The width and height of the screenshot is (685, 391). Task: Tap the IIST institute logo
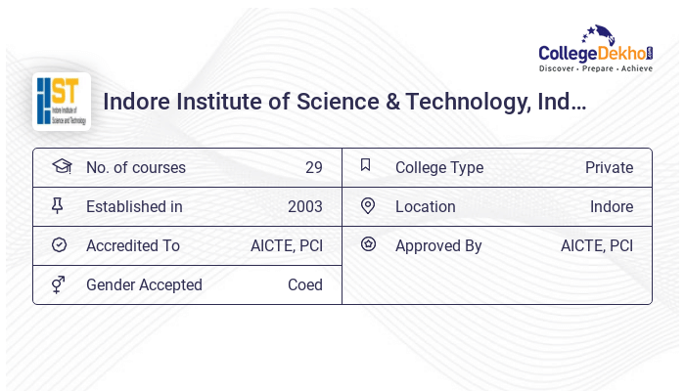(62, 101)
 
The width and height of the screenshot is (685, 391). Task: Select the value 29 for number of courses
(313, 167)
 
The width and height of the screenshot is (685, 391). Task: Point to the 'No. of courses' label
(135, 167)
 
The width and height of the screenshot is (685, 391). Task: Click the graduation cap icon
(61, 166)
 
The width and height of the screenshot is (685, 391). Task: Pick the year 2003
(304, 206)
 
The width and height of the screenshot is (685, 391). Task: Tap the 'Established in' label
(134, 206)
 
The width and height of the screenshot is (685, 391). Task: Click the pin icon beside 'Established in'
(58, 205)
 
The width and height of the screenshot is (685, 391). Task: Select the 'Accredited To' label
(133, 245)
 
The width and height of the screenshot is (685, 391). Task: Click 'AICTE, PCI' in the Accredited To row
(286, 245)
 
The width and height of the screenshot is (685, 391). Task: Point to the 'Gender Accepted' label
(144, 284)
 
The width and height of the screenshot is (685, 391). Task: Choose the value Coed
(304, 284)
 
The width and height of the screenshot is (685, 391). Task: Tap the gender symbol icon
(59, 284)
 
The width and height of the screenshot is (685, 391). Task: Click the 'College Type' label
(439, 167)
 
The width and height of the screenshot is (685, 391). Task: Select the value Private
(609, 167)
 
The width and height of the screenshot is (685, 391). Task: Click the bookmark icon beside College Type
(366, 165)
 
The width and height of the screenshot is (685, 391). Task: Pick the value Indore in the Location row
(611, 206)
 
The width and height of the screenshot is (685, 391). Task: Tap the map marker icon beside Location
(368, 205)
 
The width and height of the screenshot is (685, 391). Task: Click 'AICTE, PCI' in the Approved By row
(596, 245)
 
